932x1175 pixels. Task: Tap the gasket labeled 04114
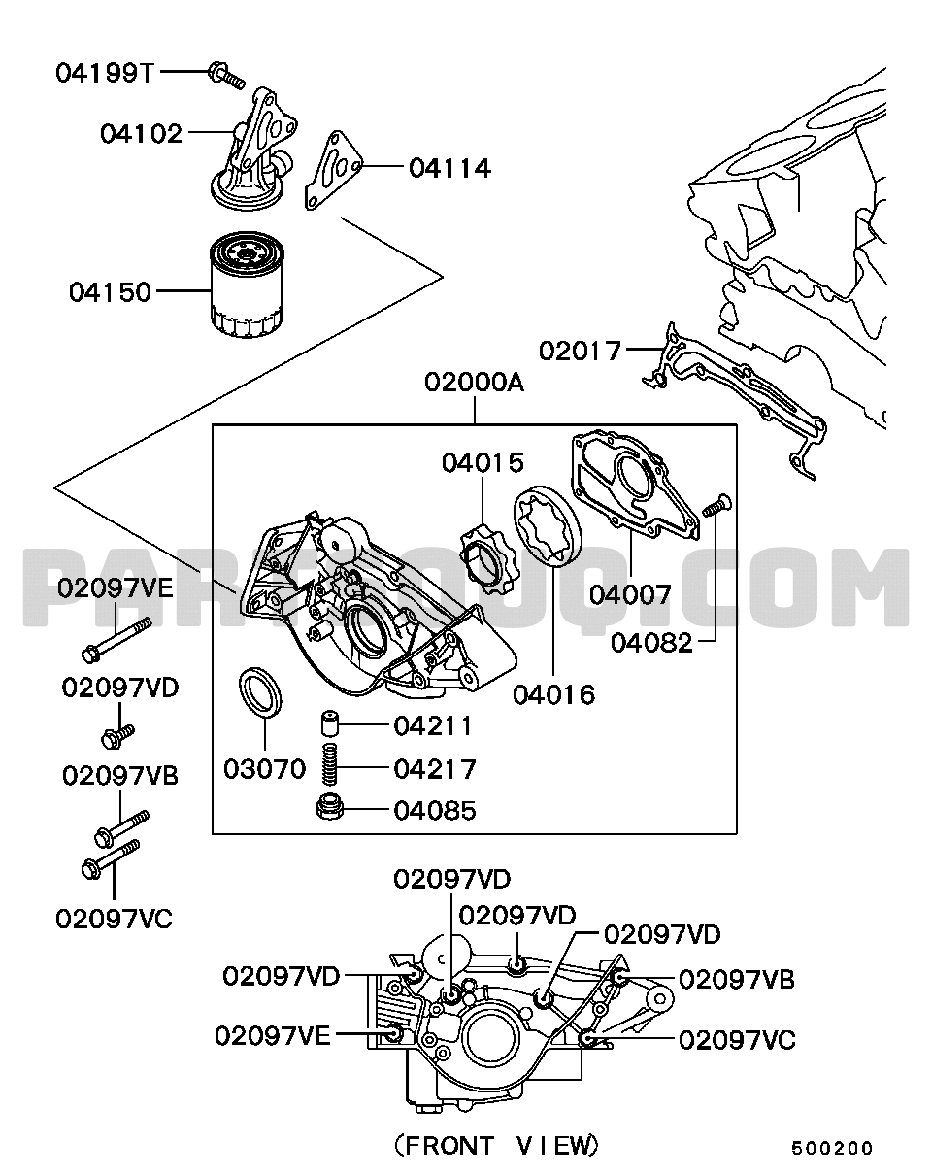[333, 171]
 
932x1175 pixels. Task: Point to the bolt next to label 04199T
[226, 75]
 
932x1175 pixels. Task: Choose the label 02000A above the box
[474, 384]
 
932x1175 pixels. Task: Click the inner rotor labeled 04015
[486, 563]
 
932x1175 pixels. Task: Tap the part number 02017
[580, 350]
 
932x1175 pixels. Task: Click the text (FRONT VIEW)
[496, 1145]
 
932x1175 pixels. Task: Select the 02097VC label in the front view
[737, 1040]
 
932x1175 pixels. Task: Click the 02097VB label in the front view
[737, 980]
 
